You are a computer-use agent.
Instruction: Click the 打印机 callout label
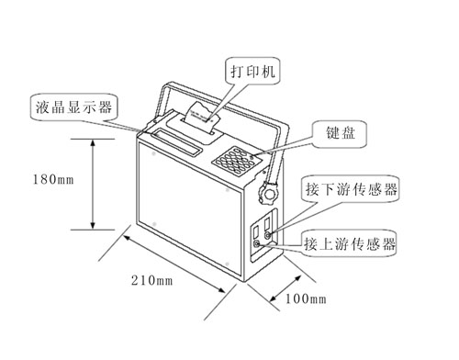[252, 71]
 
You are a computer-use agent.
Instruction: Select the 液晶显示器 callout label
[73, 107]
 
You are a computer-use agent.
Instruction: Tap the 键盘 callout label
[340, 134]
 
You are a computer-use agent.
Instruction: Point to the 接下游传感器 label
[351, 189]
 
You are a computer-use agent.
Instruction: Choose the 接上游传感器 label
[350, 243]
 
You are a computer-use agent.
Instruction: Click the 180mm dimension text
[53, 179]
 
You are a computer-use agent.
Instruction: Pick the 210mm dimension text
[151, 280]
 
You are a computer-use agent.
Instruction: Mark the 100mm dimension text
[306, 298]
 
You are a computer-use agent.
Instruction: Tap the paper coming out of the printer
[201, 117]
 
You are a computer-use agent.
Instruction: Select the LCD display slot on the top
[176, 142]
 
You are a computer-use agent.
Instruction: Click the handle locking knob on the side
[269, 193]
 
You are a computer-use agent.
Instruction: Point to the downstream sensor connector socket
[268, 235]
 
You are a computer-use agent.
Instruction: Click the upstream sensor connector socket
[256, 243]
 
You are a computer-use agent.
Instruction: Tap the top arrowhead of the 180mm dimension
[94, 144]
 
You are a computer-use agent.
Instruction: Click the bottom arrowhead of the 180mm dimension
[94, 224]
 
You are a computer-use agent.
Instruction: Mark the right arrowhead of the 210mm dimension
[221, 289]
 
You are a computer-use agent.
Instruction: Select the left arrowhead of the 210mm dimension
[128, 238]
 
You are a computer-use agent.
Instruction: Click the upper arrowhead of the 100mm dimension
[297, 278]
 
